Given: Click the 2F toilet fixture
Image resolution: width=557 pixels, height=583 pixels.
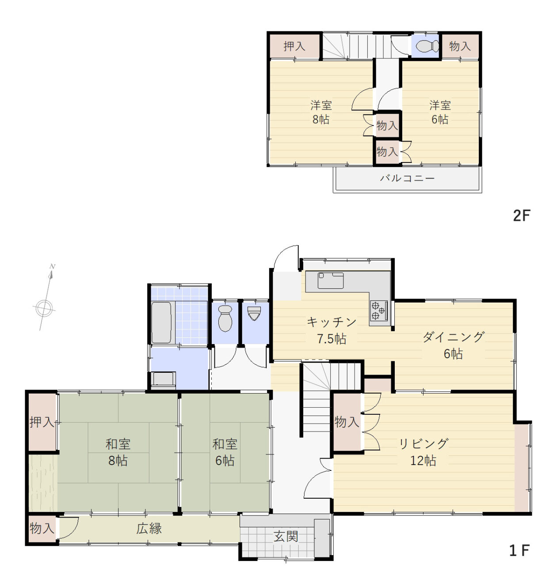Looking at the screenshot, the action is pyautogui.click(x=427, y=46).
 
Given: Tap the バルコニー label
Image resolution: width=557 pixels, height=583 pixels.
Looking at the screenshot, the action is pyautogui.click(x=407, y=178).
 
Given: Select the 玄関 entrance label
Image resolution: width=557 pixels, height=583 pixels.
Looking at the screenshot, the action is pyautogui.click(x=286, y=537).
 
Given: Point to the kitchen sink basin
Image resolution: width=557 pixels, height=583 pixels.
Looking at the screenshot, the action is pyautogui.click(x=331, y=280).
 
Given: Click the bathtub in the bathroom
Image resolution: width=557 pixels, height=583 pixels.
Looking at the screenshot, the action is pyautogui.click(x=161, y=322).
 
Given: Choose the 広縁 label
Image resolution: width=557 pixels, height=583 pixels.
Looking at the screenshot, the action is pyautogui.click(x=149, y=529).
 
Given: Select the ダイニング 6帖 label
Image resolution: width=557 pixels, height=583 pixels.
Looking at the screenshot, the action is pyautogui.click(x=453, y=345).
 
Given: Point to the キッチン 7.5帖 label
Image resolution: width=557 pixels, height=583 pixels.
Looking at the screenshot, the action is pyautogui.click(x=332, y=330).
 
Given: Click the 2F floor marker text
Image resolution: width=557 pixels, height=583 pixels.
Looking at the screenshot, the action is pyautogui.click(x=522, y=216).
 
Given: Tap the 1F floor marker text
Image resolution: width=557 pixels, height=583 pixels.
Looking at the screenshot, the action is pyautogui.click(x=519, y=551).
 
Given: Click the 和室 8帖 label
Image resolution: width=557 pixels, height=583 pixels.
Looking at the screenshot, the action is pyautogui.click(x=118, y=453).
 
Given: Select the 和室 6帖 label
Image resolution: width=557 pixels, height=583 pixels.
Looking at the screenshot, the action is pyautogui.click(x=225, y=453).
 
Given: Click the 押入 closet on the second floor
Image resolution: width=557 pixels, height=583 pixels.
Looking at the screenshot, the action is pyautogui.click(x=294, y=46).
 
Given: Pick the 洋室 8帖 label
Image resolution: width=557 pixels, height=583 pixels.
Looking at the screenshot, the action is pyautogui.click(x=321, y=112).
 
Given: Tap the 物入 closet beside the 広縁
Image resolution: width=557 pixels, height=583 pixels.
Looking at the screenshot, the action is pyautogui.click(x=42, y=529).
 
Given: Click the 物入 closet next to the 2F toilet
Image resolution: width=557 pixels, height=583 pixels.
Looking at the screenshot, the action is pyautogui.click(x=460, y=46).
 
